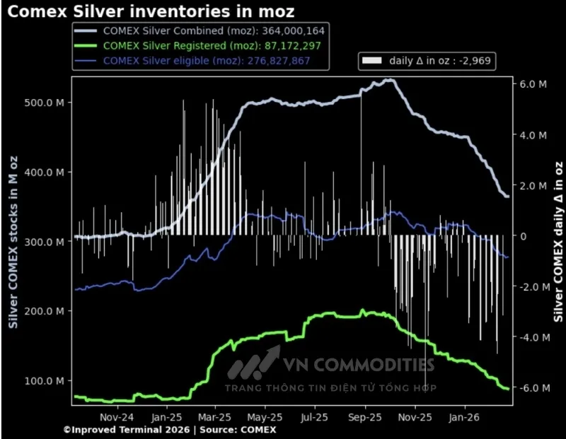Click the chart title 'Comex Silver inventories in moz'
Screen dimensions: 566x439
coord(151,11)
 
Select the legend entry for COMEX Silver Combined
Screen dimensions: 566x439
coord(200,31)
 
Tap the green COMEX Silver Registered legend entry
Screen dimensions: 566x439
coord(197,46)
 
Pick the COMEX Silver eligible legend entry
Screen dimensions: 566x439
coord(192,61)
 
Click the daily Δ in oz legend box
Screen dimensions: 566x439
coord(427,61)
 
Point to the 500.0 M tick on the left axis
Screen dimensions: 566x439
coord(44,103)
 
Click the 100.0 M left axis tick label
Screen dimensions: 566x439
coord(44,381)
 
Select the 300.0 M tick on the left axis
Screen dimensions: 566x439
coord(44,242)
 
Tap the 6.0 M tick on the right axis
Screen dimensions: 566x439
coord(533,84)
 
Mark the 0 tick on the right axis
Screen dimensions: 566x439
coord(523,236)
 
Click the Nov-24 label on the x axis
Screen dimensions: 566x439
coord(117,417)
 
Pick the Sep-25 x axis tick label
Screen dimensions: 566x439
coord(365,417)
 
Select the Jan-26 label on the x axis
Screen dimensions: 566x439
coord(464,417)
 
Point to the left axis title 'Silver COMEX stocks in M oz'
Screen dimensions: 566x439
coord(13,242)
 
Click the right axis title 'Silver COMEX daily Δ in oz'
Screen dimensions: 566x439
coord(558,242)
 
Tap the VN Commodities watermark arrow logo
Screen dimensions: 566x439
coord(253,363)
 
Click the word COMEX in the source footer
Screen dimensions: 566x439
coord(258,430)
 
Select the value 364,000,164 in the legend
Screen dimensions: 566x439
coord(294,31)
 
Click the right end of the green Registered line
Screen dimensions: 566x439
coord(508,389)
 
